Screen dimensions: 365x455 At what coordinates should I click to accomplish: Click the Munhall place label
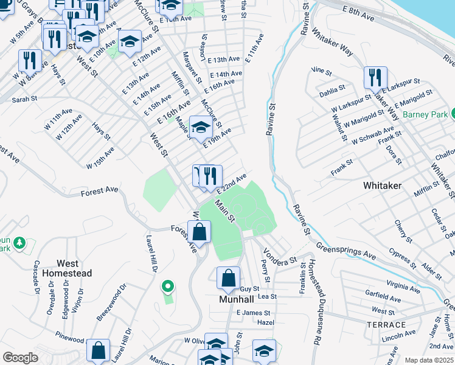point(236,300)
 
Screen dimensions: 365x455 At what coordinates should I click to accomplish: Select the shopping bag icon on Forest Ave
point(200,232)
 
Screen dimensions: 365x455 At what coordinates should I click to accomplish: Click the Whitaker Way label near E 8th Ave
point(332,42)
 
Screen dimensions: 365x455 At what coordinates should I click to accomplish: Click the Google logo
point(20,358)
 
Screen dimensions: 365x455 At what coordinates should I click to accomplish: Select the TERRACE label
point(386,324)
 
